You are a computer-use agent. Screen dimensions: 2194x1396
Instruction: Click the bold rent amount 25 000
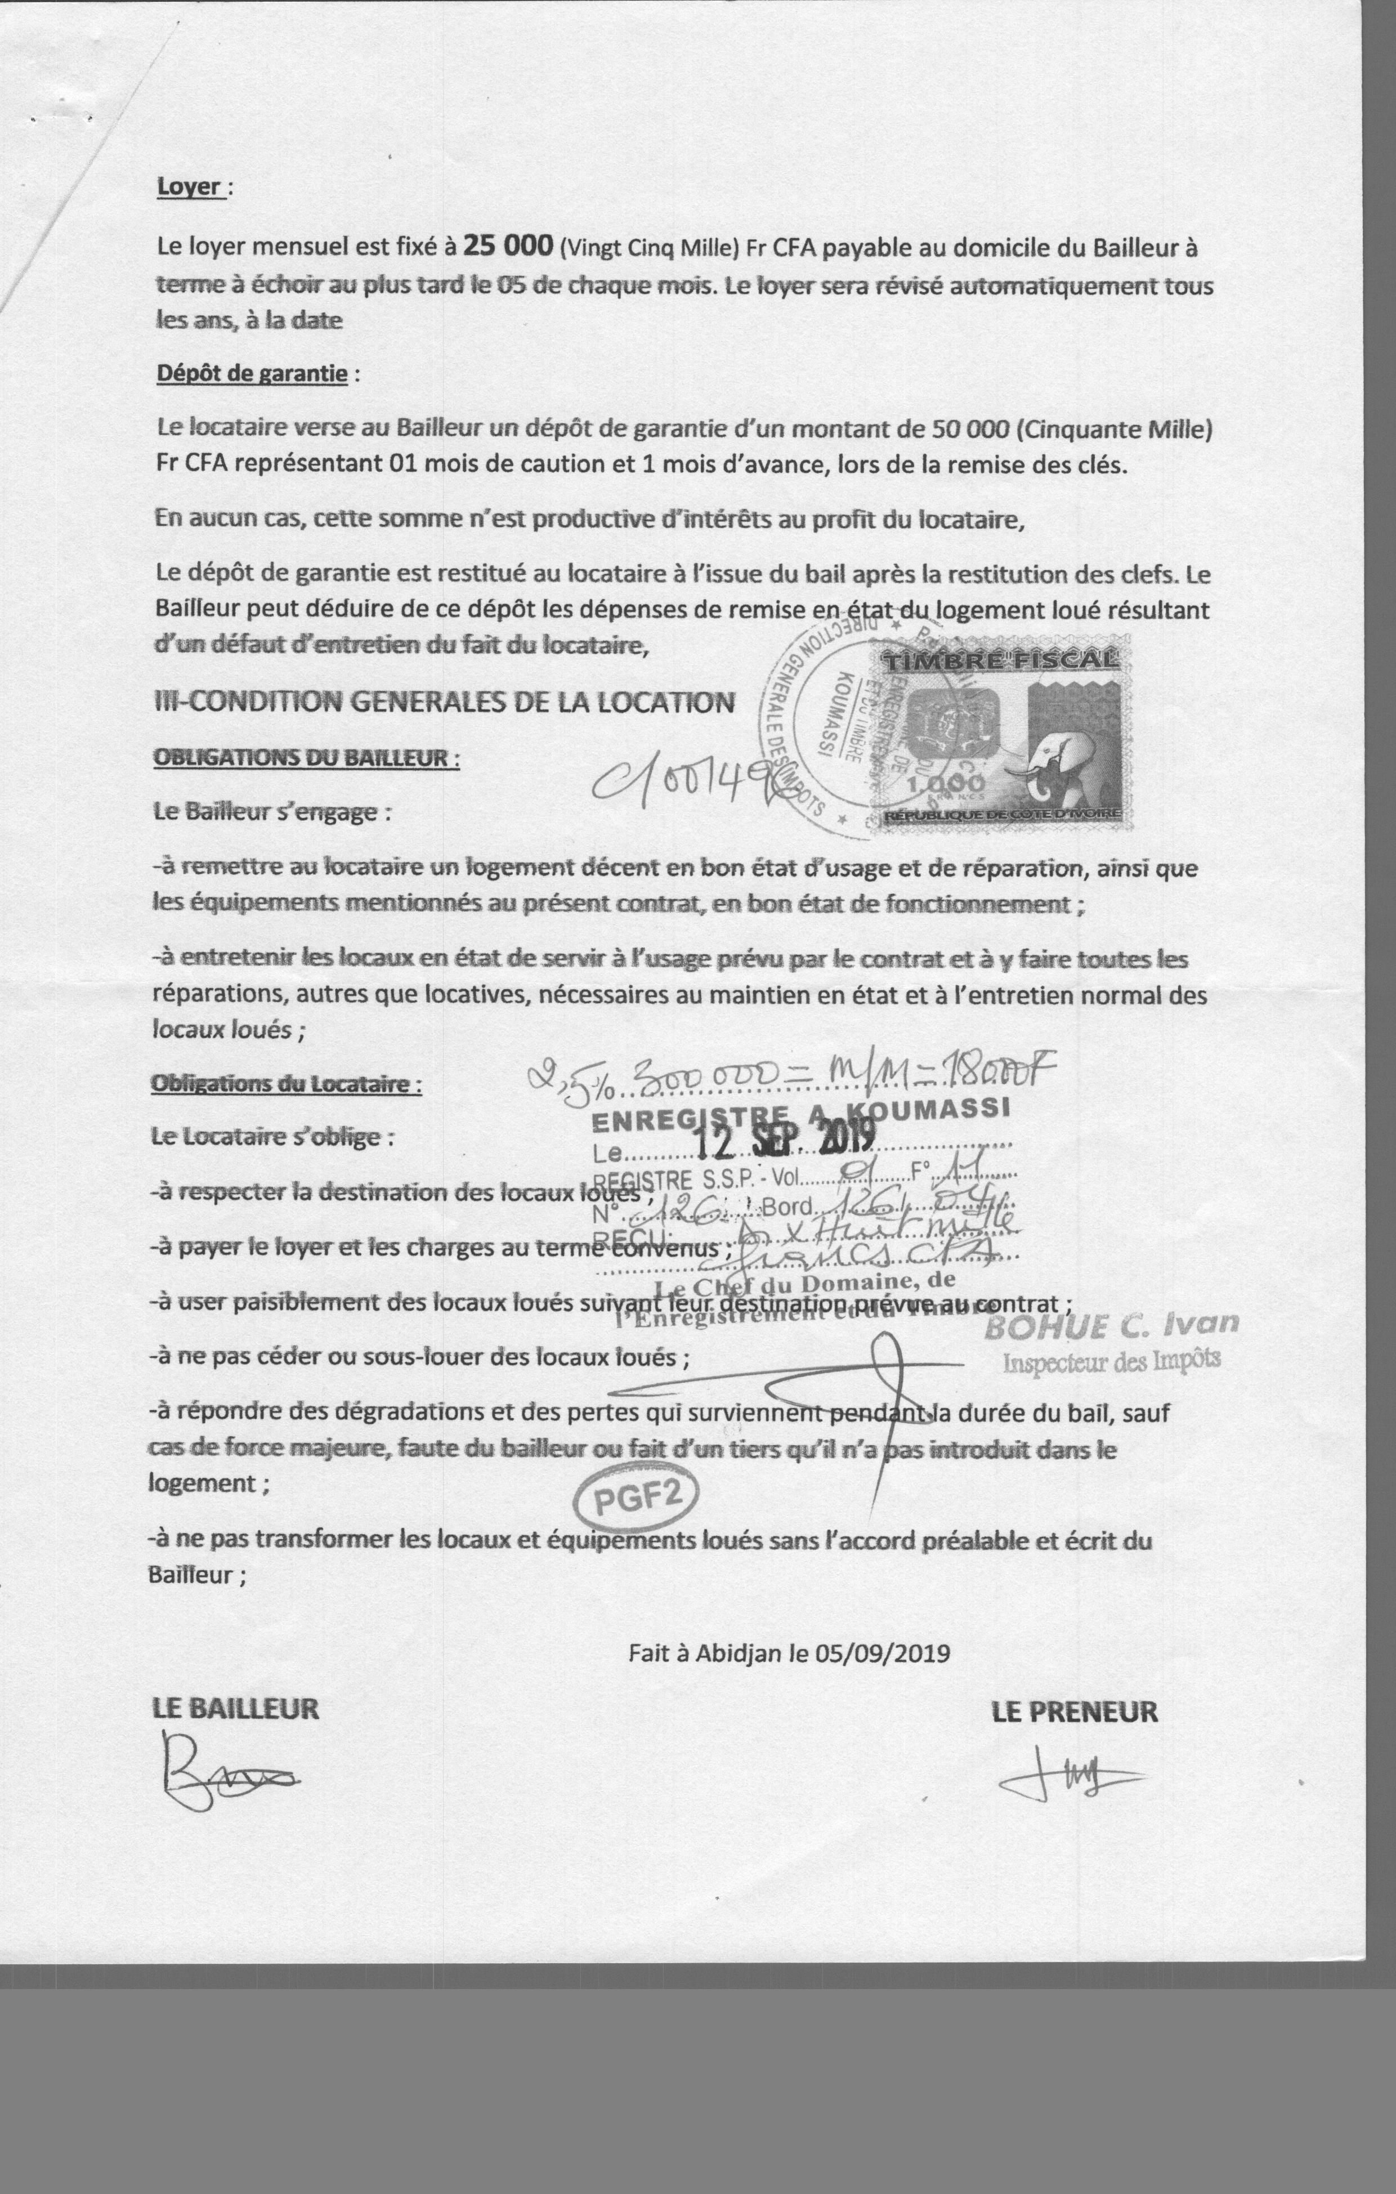[x=508, y=245]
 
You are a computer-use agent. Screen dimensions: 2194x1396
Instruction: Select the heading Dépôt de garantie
[x=252, y=374]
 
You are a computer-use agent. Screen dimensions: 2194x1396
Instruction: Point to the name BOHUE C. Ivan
[x=1112, y=1326]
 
